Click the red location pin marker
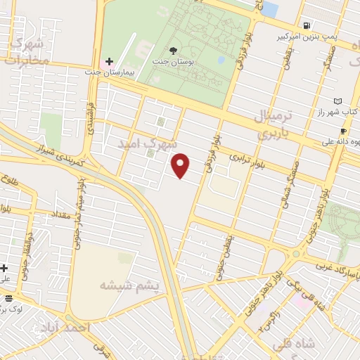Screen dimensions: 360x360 click(181, 165)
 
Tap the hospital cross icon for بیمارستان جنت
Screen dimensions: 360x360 click(109, 62)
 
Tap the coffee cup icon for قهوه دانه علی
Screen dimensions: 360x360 click(342, 130)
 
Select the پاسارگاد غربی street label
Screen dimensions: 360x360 click(334, 266)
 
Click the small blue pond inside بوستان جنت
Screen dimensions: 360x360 click(221, 60)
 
